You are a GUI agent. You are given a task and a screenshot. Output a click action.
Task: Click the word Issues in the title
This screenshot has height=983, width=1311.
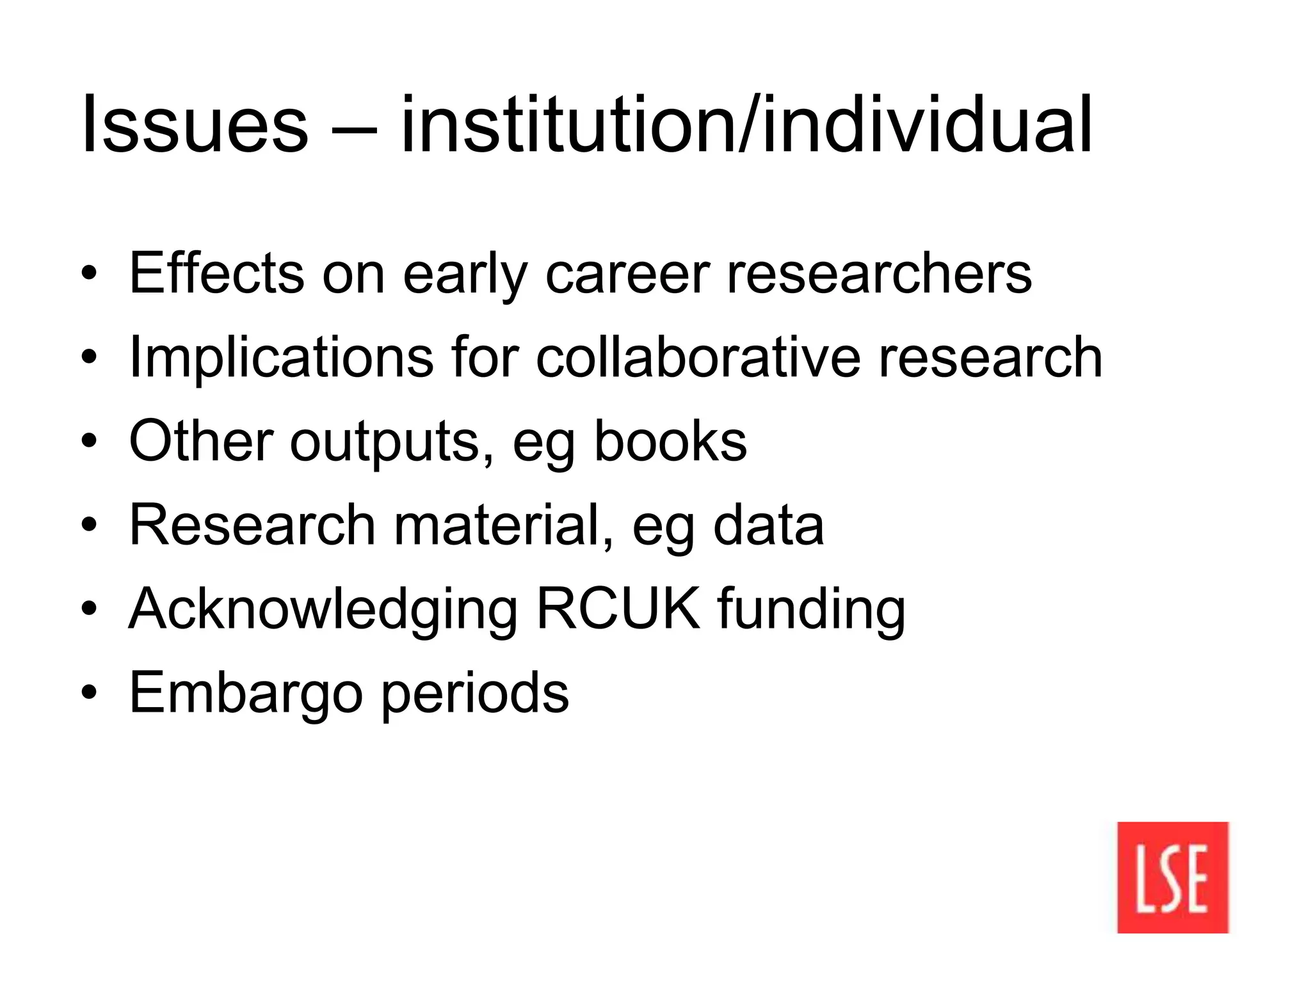pyautogui.click(x=195, y=125)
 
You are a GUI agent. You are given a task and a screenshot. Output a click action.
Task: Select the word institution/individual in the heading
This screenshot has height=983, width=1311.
pyautogui.click(x=746, y=125)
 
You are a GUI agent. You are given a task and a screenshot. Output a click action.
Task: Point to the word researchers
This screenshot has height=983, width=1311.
pyautogui.click(x=879, y=273)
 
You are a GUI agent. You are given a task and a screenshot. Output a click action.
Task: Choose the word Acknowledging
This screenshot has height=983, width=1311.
pyautogui.click(x=323, y=610)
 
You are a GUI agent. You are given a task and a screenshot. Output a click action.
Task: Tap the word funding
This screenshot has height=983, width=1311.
pyautogui.click(x=811, y=610)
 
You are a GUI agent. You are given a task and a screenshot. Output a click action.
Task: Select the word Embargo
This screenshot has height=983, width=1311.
pyautogui.click(x=246, y=694)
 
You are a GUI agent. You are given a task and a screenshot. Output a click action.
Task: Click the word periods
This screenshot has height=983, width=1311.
pyautogui.click(x=475, y=694)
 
